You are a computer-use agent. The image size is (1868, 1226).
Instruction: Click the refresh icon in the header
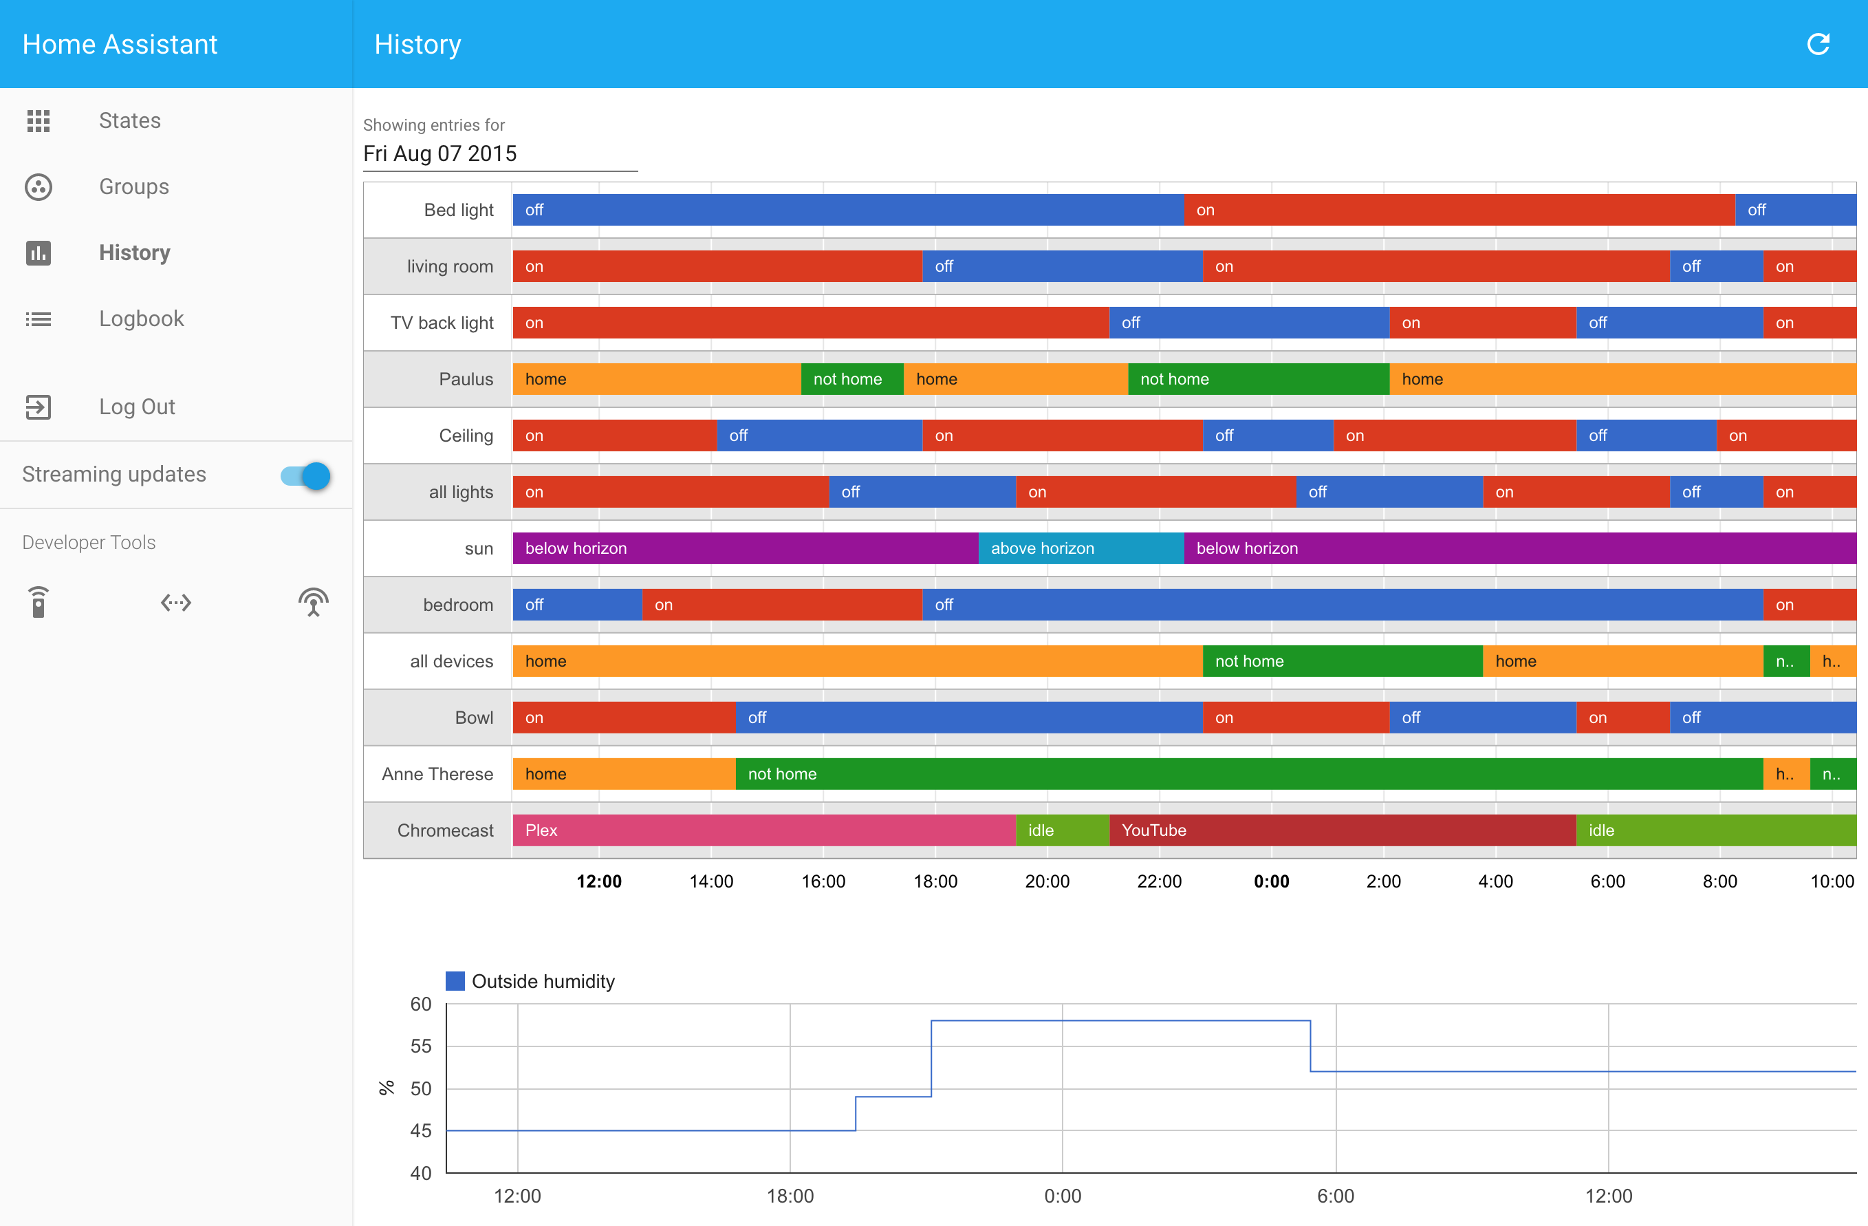pos(1818,44)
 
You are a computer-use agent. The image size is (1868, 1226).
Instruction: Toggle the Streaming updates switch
pos(306,475)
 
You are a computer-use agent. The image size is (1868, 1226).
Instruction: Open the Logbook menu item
pos(141,319)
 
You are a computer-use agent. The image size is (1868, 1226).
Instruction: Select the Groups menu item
pos(133,187)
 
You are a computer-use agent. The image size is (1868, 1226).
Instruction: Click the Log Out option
pos(137,407)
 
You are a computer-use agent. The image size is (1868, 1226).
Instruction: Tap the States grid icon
pos(39,121)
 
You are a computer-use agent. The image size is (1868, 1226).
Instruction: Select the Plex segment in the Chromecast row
pos(763,830)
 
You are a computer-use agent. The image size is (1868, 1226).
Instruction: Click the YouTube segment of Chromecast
pos(1342,830)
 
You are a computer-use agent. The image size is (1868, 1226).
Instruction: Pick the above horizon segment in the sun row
pos(1080,548)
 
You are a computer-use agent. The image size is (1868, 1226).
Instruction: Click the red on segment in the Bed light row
pos(1458,211)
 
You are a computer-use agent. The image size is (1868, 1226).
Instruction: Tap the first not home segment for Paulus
pos(851,379)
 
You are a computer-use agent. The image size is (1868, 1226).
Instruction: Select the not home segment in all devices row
pos(1342,662)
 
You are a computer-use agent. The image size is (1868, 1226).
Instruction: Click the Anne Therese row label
pos(437,774)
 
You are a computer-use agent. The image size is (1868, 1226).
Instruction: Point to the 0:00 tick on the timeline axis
pos(1271,881)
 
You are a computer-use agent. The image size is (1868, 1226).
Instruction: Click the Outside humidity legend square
pos(455,981)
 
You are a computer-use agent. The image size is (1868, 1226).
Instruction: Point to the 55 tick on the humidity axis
pos(421,1046)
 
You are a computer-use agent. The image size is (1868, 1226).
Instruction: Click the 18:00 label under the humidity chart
pos(790,1196)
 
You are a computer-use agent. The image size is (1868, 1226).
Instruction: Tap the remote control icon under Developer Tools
pos(39,603)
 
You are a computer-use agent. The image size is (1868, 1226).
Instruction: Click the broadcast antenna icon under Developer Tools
pos(313,603)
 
